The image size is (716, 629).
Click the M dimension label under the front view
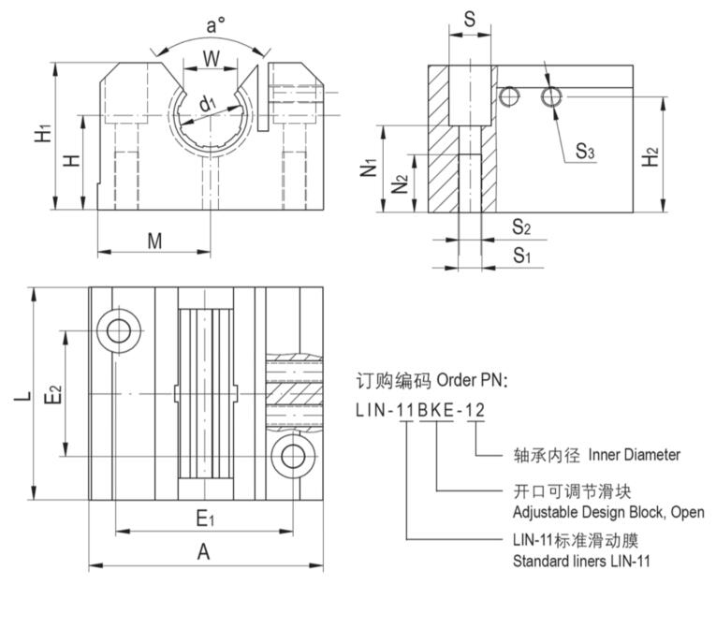click(154, 241)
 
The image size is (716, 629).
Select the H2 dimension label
click(651, 157)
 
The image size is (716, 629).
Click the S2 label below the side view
click(521, 227)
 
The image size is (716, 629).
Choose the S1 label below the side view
click(521, 255)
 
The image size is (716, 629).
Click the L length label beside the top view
click(21, 396)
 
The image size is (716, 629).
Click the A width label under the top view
click(203, 552)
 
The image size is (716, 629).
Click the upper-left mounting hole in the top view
click(119, 329)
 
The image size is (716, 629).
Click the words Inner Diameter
click(634, 455)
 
